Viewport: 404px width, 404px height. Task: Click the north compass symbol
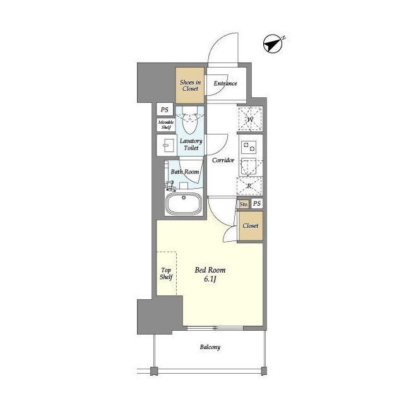[x=273, y=44]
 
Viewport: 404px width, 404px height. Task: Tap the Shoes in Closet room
[x=190, y=85]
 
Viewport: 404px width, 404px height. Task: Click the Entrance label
[x=225, y=83]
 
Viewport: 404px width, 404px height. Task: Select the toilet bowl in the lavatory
[x=190, y=121]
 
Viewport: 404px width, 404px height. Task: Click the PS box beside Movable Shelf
[x=165, y=110]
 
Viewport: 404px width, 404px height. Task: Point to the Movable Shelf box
[x=165, y=125]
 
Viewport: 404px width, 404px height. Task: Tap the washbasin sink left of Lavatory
[x=167, y=145]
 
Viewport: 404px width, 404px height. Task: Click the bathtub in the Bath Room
[x=184, y=203]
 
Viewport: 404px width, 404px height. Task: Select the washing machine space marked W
[x=250, y=119]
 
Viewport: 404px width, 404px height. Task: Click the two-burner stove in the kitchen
[x=249, y=147]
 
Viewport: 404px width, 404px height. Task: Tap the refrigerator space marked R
[x=250, y=186]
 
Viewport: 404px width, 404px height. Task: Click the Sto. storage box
[x=244, y=205]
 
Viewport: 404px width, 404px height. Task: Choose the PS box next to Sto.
[x=257, y=203]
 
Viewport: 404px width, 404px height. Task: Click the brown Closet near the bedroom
[x=251, y=226]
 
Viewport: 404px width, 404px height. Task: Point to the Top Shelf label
[x=166, y=273]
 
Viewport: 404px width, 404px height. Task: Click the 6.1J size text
[x=210, y=279]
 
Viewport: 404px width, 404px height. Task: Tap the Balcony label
[x=210, y=347]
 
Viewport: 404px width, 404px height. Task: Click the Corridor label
[x=223, y=160]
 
